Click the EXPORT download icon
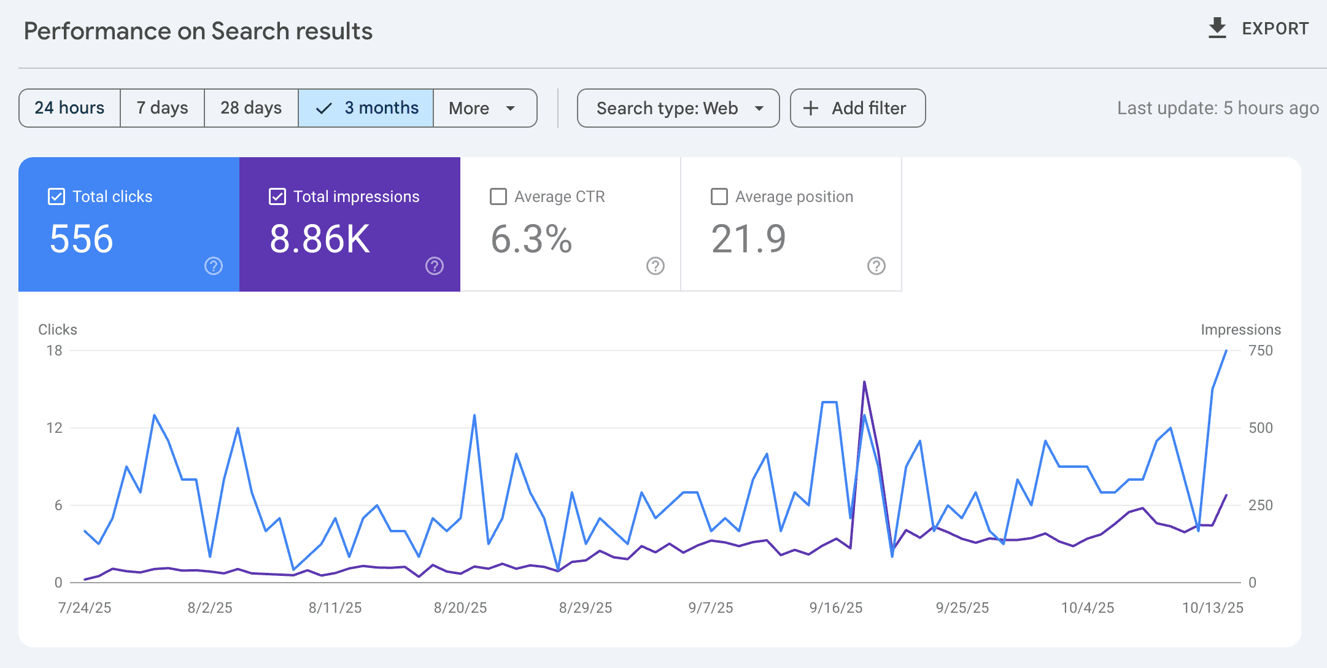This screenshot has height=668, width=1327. [1217, 28]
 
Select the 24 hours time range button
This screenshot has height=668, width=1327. [69, 108]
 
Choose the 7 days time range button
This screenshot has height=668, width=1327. [162, 108]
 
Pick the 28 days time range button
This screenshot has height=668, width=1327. [251, 108]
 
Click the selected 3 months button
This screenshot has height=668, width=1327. [366, 108]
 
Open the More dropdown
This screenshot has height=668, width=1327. [484, 108]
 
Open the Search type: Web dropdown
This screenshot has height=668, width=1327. [678, 108]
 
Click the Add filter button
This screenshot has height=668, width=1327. [857, 108]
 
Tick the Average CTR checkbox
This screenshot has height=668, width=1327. [498, 196]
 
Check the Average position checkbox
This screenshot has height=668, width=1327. [719, 196]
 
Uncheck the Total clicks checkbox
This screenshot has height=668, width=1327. [56, 196]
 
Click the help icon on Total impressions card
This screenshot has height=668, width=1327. [435, 266]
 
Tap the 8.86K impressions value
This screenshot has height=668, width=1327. [320, 239]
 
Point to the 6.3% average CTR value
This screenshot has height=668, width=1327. [532, 239]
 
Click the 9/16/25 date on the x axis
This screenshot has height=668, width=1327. [835, 608]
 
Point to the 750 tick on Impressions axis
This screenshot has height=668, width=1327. [1261, 351]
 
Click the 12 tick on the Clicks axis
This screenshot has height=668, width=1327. [54, 428]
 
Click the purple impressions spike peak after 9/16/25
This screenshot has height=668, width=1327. [864, 382]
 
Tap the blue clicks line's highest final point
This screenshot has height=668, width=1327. [1226, 351]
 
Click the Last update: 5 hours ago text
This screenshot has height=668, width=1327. [1218, 108]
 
